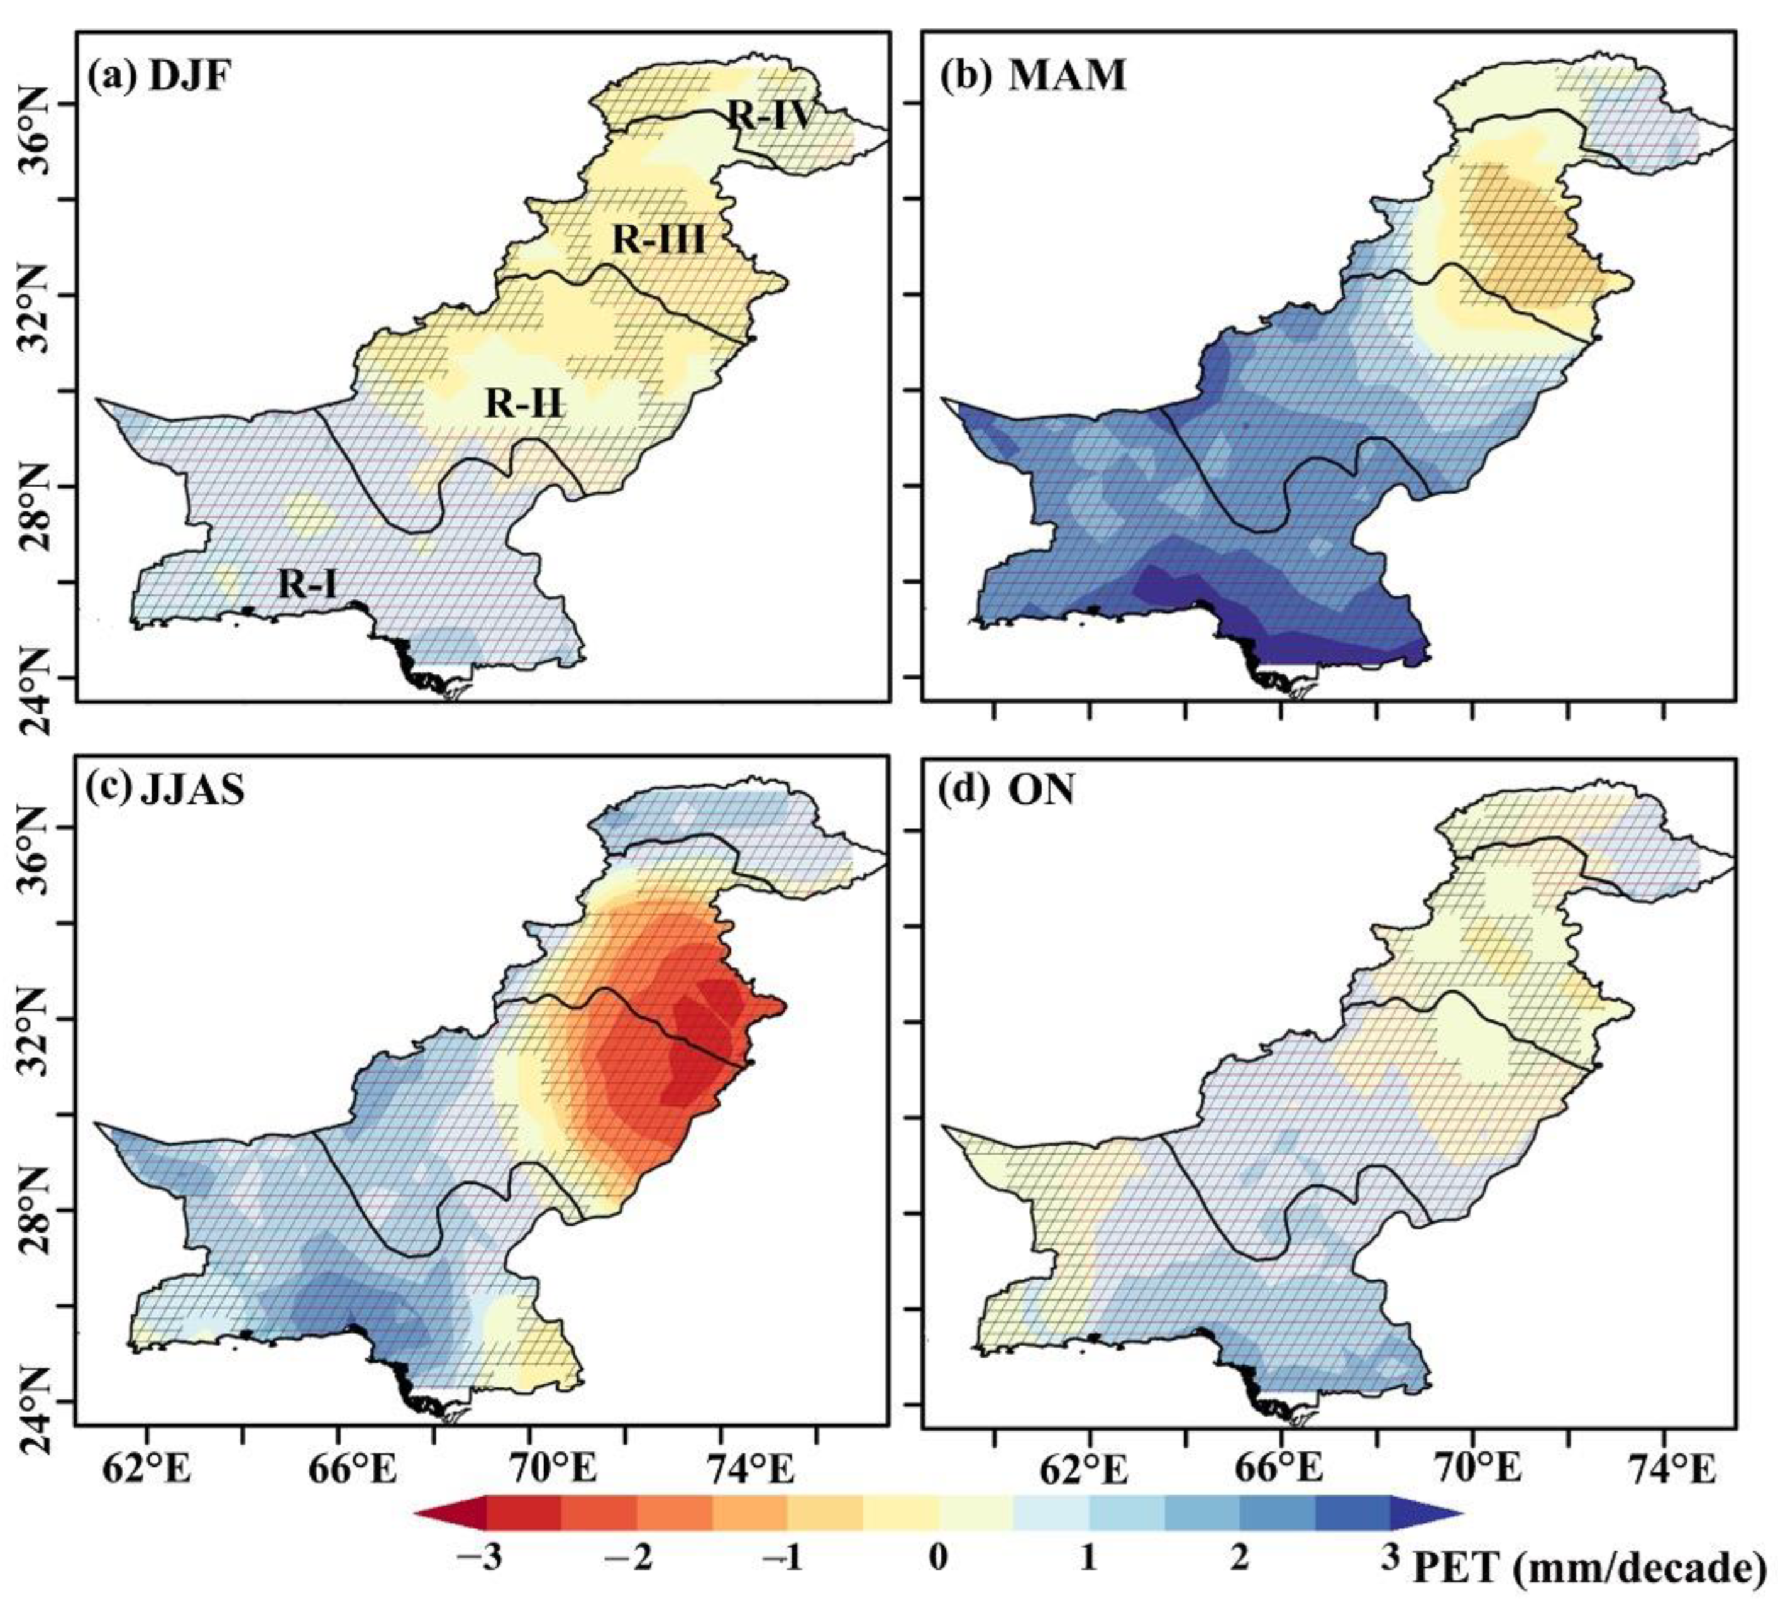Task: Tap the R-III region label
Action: (659, 239)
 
